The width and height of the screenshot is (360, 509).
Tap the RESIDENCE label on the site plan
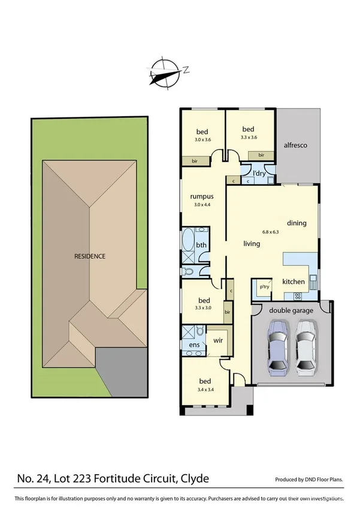(x=90, y=256)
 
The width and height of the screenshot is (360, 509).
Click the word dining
(x=297, y=223)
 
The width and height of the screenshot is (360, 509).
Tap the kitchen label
(x=294, y=282)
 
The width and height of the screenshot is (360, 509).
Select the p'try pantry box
(x=264, y=287)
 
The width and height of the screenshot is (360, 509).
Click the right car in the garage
(x=306, y=346)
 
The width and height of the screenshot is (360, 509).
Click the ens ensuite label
(x=194, y=345)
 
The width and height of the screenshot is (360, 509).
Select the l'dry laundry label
(x=259, y=173)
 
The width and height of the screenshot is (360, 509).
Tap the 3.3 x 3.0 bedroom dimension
(x=204, y=308)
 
